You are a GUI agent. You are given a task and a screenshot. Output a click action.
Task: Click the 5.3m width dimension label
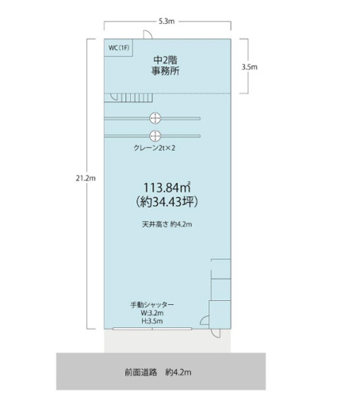click(167, 21)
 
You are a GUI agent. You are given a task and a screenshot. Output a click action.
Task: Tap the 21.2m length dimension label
click(86, 178)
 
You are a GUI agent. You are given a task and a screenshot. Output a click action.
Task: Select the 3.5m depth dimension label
click(249, 67)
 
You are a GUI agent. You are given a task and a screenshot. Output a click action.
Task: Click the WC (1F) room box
click(118, 48)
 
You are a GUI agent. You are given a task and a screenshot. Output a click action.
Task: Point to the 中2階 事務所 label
click(166, 66)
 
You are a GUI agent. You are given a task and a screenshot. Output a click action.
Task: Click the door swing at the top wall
click(147, 35)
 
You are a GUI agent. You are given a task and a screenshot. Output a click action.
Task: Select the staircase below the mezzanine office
click(128, 97)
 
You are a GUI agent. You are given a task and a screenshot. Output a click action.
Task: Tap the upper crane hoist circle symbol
click(155, 118)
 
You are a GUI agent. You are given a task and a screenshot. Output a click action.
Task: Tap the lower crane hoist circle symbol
click(155, 136)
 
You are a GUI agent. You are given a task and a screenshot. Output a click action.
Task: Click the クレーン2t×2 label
click(155, 148)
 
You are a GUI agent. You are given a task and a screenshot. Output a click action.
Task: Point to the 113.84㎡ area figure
click(167, 188)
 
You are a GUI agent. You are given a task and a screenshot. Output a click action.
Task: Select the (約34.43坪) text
click(167, 202)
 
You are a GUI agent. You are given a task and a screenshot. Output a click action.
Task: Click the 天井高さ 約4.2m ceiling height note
click(167, 224)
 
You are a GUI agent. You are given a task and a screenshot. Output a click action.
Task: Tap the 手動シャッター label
click(152, 305)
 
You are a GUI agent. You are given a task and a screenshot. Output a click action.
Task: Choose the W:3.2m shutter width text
click(152, 313)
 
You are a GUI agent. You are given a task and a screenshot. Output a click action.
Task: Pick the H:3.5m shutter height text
click(152, 321)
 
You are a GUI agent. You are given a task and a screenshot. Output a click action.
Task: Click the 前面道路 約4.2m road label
click(158, 372)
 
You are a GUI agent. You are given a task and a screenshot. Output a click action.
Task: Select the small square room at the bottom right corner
click(220, 314)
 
